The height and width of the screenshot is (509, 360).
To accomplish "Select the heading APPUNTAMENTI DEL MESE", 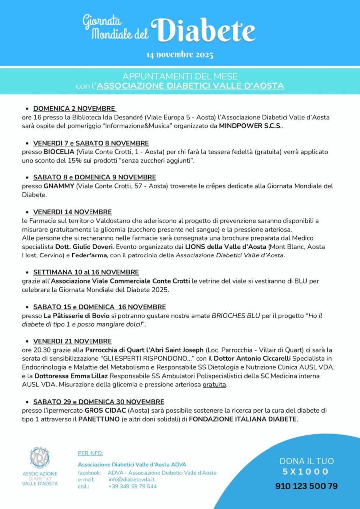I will click(180, 76).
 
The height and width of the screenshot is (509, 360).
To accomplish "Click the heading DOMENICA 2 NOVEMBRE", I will click(75, 108).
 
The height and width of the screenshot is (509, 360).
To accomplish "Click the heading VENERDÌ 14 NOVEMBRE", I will click(72, 212).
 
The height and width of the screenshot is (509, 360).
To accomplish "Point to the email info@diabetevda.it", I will click(131, 479).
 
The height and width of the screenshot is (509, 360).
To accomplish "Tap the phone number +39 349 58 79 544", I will click(132, 486).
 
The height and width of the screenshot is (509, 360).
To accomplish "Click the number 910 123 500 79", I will click(306, 486).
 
